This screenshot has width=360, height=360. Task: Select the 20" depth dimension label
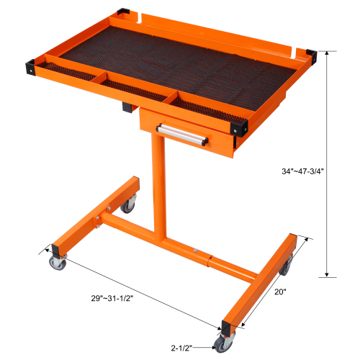281,292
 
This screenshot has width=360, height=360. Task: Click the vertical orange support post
157,194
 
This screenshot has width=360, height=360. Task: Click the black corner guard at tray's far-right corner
312,55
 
